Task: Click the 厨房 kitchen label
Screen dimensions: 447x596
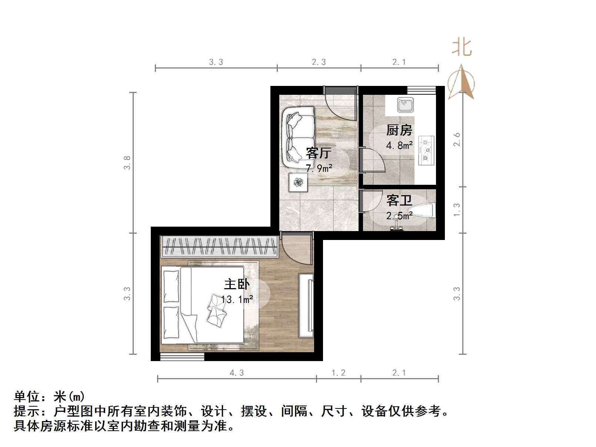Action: point(399,130)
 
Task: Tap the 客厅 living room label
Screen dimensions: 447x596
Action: point(319,153)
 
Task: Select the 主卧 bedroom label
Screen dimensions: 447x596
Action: point(237,284)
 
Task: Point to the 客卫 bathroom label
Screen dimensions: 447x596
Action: point(399,201)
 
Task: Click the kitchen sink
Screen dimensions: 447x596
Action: point(405,105)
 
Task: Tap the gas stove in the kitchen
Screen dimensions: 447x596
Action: point(426,150)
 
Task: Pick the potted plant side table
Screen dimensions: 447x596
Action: point(298,182)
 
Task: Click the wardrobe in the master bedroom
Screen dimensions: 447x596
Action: point(220,246)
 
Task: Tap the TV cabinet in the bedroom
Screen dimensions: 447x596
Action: point(306,306)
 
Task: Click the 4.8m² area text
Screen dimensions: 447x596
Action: point(399,146)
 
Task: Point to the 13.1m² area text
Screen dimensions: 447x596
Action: point(237,299)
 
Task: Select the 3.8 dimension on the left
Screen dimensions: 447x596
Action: point(127,163)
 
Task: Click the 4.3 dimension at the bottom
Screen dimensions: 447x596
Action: point(237,373)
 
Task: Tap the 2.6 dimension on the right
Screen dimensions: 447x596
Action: point(457,139)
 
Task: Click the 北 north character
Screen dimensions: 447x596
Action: point(462,47)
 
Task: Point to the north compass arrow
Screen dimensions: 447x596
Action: point(461,82)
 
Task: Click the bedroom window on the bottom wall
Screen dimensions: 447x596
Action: point(182,357)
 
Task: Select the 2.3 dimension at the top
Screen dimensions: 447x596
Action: point(319,62)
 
